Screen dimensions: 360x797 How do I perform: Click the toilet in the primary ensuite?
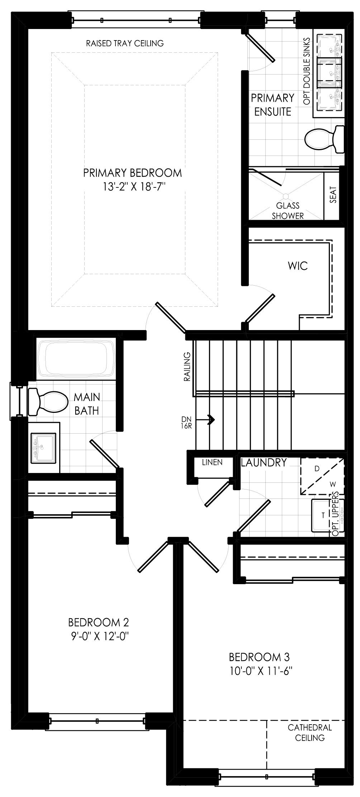pyautogui.click(x=324, y=139)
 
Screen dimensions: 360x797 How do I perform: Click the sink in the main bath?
pyautogui.click(x=43, y=448)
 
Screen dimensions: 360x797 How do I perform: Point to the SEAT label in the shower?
pyautogui.click(x=333, y=195)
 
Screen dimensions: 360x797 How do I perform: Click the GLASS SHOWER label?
pyautogui.click(x=288, y=211)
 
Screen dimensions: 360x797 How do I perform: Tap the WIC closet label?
pyautogui.click(x=298, y=266)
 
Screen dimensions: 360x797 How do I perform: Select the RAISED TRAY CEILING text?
pyautogui.click(x=125, y=43)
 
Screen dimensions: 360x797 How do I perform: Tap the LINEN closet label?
pyautogui.click(x=212, y=462)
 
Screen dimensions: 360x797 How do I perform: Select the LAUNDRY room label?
pyautogui.click(x=264, y=463)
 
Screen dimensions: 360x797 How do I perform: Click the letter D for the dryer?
pyautogui.click(x=317, y=469)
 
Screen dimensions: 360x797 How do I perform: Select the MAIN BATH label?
pyautogui.click(x=87, y=404)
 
